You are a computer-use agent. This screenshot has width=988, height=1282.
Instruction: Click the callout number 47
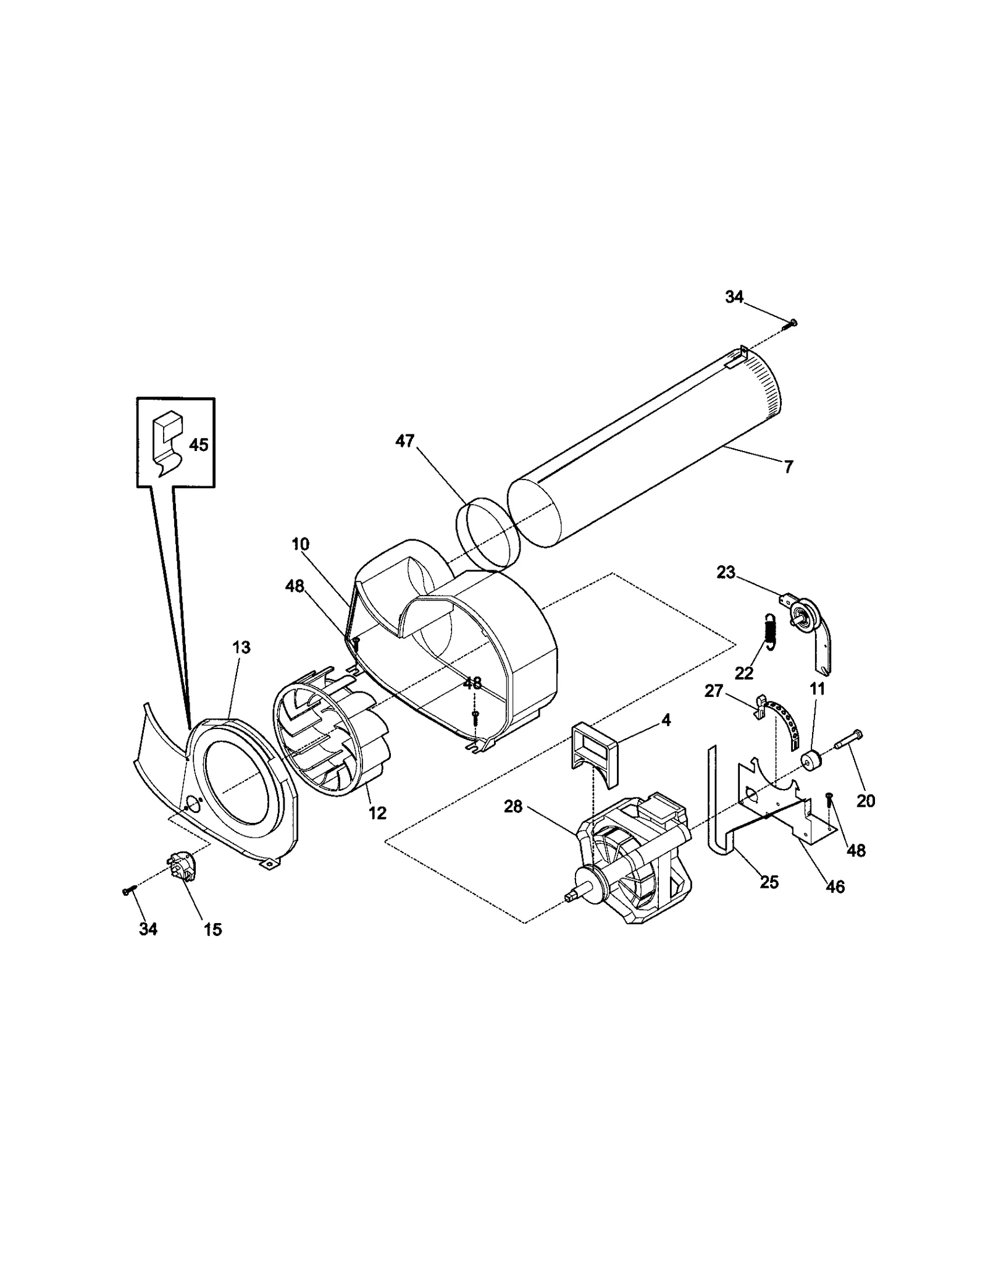tap(405, 442)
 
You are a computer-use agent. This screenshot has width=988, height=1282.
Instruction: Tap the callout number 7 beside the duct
tap(789, 468)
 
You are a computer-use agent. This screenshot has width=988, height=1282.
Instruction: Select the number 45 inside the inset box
tap(198, 445)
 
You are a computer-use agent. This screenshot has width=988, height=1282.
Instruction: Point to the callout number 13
tap(241, 647)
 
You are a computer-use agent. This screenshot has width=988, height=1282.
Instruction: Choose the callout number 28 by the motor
tap(513, 807)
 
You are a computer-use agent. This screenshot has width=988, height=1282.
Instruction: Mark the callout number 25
tap(769, 883)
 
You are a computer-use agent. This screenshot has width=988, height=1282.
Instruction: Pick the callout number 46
tap(835, 887)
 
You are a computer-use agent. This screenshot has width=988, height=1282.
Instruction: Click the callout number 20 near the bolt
tap(866, 801)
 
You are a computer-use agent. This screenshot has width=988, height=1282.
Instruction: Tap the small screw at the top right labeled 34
tap(792, 323)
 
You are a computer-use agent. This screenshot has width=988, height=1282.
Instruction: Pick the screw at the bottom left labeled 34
tap(128, 891)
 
